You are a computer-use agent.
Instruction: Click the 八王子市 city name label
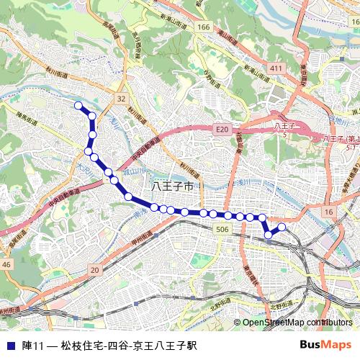[174, 186]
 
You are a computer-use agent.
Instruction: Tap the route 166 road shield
[204, 27]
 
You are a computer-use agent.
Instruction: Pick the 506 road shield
[222, 229]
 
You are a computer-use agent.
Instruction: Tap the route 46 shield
[6, 265]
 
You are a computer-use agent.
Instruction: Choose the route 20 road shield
[94, 269]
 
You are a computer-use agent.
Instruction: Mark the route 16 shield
[328, 211]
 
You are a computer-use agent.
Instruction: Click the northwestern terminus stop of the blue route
[78, 106]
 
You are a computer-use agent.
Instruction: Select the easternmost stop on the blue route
[282, 228]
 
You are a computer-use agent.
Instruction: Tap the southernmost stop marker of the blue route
[269, 234]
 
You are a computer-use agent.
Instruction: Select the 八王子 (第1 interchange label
[341, 138]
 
